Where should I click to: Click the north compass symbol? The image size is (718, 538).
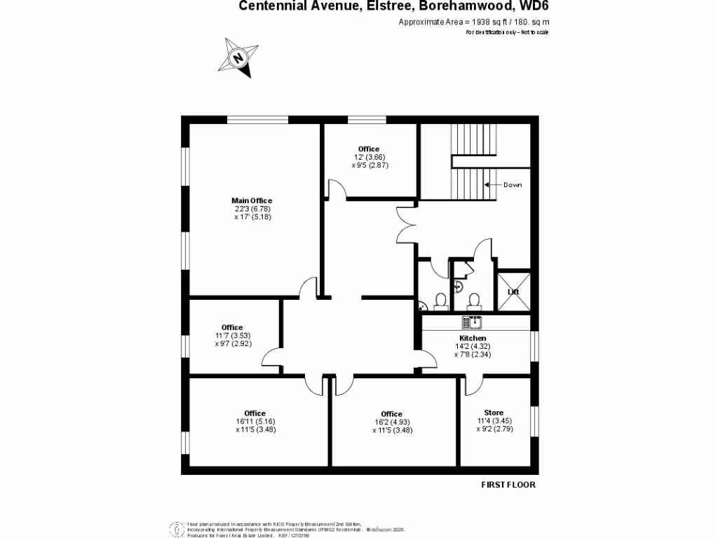point(239,57)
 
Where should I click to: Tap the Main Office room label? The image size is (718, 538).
point(252,201)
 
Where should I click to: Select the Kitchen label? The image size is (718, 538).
point(472,338)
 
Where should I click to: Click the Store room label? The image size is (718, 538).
point(494,413)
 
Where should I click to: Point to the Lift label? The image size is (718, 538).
point(512,291)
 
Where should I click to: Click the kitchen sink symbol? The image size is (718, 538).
point(470,322)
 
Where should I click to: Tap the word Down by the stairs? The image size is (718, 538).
point(512,185)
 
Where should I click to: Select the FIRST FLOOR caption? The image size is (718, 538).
point(508,485)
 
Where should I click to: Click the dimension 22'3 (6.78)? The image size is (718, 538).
point(252,209)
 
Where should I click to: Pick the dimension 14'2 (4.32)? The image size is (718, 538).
point(473,346)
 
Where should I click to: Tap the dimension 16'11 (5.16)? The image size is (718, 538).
point(255,422)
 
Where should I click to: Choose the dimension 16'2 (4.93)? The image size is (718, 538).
point(392,422)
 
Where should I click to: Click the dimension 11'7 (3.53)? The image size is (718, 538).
point(232,336)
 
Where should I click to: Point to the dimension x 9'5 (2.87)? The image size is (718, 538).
point(370,165)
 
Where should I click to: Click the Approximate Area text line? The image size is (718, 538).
point(473,22)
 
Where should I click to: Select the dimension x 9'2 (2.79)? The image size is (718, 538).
point(494,429)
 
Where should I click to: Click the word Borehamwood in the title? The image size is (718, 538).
point(463,6)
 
